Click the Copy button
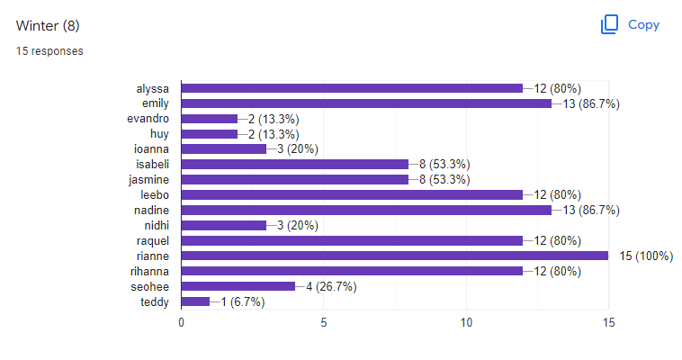[x=630, y=24]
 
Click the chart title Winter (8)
[x=48, y=26]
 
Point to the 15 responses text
[x=49, y=51]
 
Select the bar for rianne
[x=395, y=256]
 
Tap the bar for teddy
[x=196, y=301]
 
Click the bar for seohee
[x=238, y=286]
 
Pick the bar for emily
[x=367, y=103]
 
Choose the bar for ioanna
[x=224, y=149]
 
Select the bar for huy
[x=210, y=134]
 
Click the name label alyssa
[x=153, y=89]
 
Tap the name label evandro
[x=148, y=119]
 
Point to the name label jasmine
[x=148, y=180]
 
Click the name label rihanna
[x=149, y=272]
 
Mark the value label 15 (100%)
[x=646, y=256]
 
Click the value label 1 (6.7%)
[x=243, y=301]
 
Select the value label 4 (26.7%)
[x=331, y=286]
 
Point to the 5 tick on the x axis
[x=324, y=322]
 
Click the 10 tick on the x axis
[x=466, y=322]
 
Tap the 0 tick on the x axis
[x=182, y=322]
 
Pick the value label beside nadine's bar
[x=591, y=211]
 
